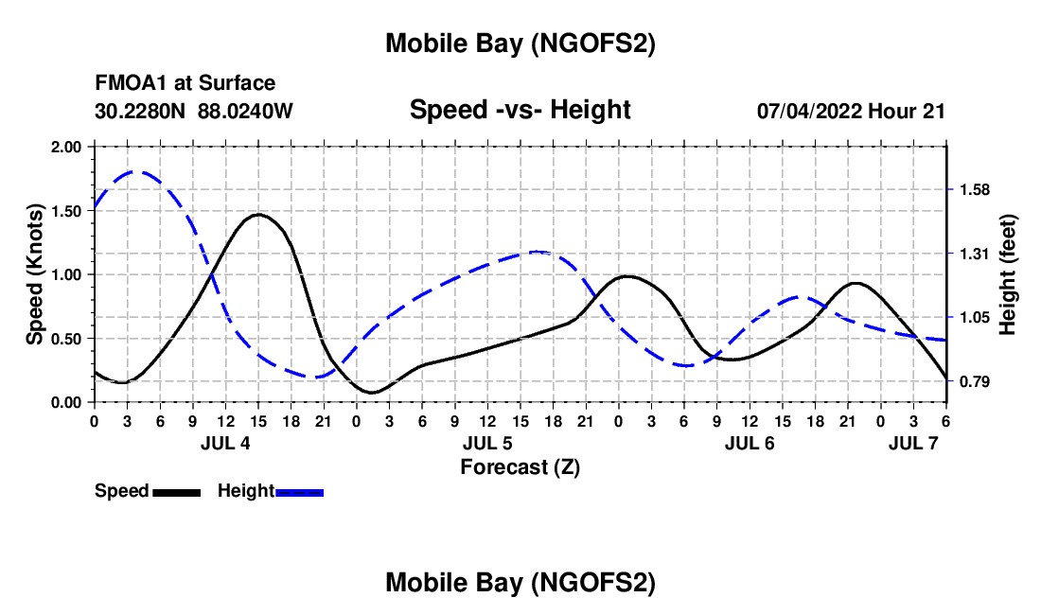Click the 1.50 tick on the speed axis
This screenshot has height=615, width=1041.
tap(65, 210)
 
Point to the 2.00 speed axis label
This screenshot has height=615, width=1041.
tap(65, 147)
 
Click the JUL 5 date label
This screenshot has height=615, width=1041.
tap(487, 443)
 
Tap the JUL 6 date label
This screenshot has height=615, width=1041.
tap(750, 443)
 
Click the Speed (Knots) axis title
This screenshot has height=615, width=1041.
tap(34, 274)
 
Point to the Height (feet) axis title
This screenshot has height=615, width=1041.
tap(1007, 274)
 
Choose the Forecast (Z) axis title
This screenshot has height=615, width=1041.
tap(520, 466)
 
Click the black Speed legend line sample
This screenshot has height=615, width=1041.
tap(176, 492)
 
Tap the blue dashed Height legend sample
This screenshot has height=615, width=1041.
tap(300, 492)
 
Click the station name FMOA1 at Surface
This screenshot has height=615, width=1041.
tap(185, 83)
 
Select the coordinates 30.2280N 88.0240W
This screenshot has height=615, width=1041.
tap(194, 111)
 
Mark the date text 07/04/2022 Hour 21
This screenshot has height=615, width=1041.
tap(851, 111)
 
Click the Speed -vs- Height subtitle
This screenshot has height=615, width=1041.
tap(520, 110)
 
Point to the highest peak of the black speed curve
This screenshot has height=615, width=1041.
tap(257, 215)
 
